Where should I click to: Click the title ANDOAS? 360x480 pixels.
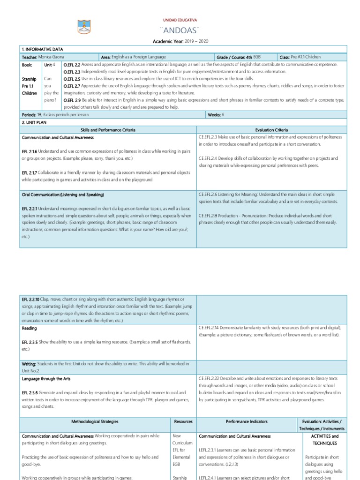coord(180,31)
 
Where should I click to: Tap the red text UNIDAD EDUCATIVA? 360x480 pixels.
coord(180,20)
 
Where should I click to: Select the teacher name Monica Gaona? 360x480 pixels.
coord(52,57)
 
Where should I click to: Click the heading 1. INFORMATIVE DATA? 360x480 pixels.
coord(43,49)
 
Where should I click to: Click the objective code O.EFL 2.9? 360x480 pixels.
coord(72,100)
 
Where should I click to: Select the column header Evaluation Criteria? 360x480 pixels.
coord(272,130)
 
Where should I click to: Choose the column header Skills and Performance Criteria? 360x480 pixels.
coord(109,130)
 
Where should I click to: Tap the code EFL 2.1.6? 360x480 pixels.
coord(30,152)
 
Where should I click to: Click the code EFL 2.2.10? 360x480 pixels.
coord(31,299)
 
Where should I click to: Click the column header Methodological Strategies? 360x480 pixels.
coord(95,422)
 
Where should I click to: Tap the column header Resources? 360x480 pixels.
coord(183,422)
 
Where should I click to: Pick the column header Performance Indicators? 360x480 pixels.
coord(246,422)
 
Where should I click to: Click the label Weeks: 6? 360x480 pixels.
coord(216,114)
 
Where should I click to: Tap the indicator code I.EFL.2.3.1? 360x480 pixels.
coord(210,450)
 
